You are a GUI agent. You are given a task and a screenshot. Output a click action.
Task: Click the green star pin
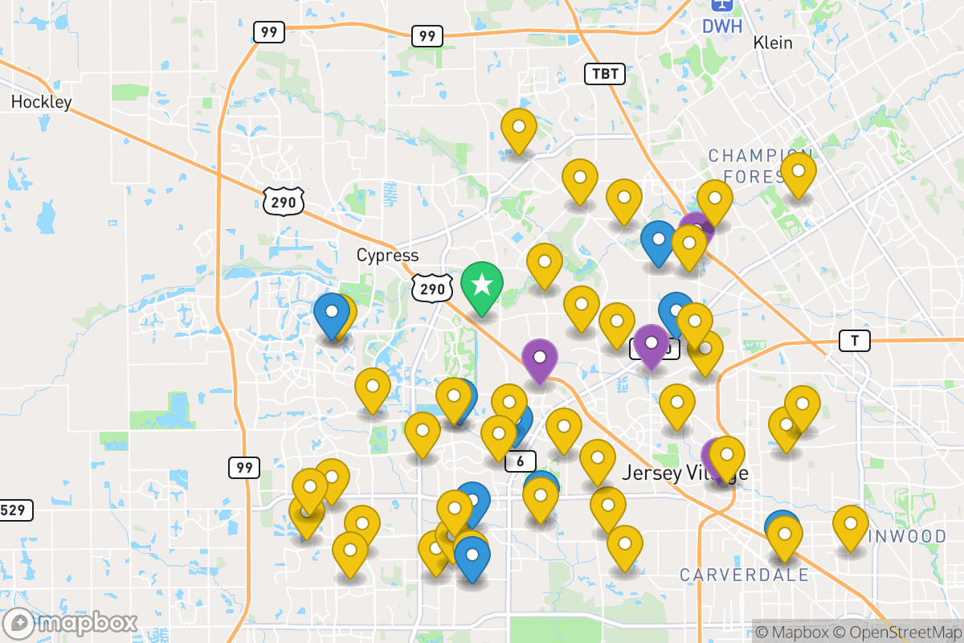(x=482, y=285)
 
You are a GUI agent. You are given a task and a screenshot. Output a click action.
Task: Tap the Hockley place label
(x=41, y=102)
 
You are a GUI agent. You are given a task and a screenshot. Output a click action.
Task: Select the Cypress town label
(x=388, y=256)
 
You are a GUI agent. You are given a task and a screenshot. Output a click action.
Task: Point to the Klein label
(x=773, y=43)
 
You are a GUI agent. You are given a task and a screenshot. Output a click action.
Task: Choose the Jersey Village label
(x=684, y=473)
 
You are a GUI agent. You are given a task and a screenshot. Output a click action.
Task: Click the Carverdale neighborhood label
(x=744, y=575)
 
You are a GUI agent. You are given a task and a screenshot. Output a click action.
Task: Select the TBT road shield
(x=605, y=74)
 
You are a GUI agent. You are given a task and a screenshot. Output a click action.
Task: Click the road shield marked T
(x=855, y=341)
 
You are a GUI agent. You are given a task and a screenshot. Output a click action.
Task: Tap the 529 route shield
(x=15, y=510)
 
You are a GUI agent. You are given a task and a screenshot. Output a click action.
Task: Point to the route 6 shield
(x=521, y=461)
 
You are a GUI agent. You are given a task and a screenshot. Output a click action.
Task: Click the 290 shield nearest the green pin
(x=431, y=289)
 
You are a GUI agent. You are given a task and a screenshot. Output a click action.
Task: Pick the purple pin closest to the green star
(x=540, y=358)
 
